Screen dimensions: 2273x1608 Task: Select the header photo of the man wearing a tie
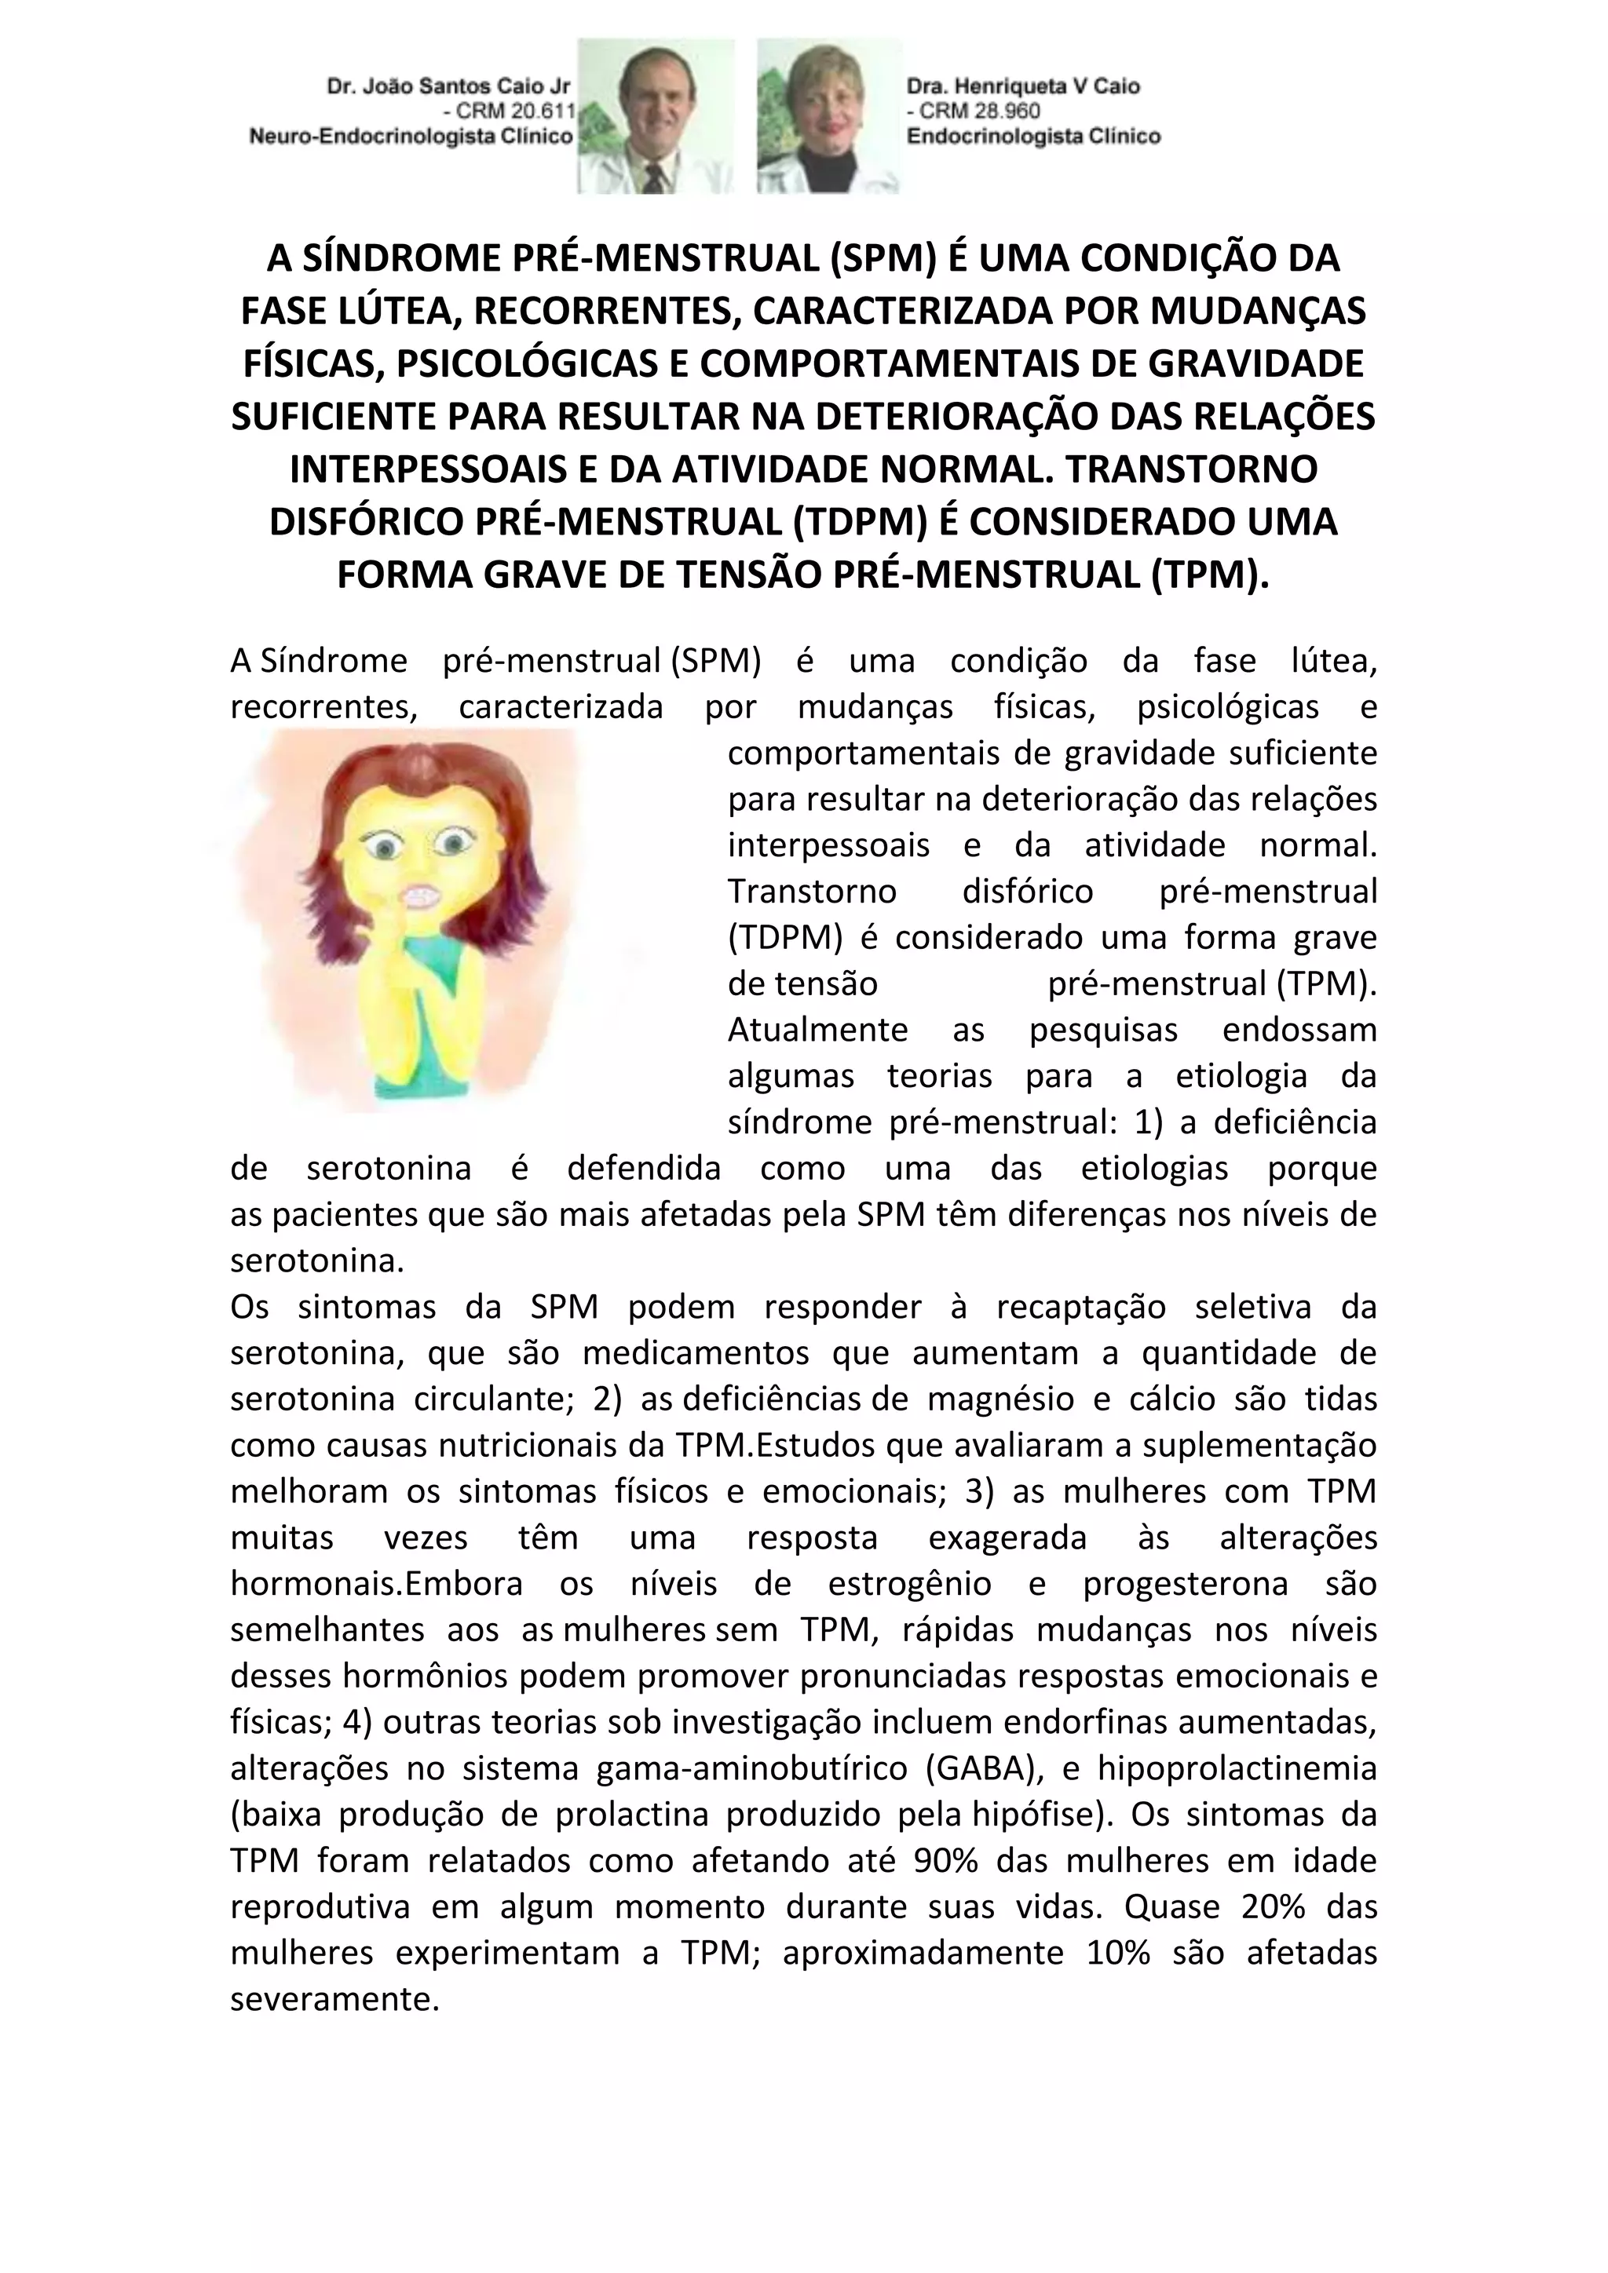tap(656, 117)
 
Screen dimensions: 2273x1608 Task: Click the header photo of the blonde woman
tap(829, 117)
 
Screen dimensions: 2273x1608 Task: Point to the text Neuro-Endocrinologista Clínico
tap(411, 137)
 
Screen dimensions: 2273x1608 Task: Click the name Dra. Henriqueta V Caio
tap(1023, 87)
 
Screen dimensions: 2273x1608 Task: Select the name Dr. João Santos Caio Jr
tap(448, 87)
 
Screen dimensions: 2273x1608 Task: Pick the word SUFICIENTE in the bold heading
tap(333, 417)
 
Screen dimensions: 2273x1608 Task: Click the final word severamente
tap(334, 1999)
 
